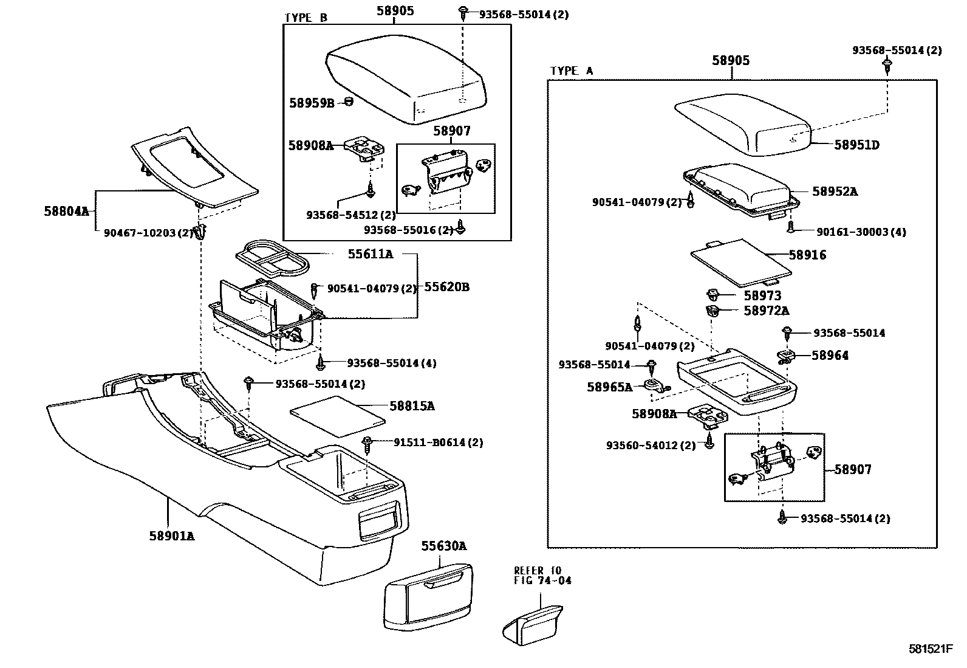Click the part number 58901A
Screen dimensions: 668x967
172,536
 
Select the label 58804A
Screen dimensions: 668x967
66,212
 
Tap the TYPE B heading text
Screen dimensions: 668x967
306,18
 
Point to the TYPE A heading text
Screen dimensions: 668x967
571,71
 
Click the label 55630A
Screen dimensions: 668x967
444,546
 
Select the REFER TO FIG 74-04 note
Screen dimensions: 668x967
542,576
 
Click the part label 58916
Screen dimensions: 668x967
807,255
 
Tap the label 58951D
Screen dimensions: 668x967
856,145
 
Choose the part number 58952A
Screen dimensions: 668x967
835,191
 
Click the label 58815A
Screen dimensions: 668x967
412,406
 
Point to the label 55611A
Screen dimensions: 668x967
370,254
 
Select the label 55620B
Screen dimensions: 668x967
446,287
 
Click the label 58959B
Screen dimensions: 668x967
312,103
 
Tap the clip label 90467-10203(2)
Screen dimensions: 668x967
148,232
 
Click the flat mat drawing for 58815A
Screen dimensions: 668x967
338,416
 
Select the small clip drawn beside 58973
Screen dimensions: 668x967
712,296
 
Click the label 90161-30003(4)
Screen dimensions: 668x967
861,232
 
